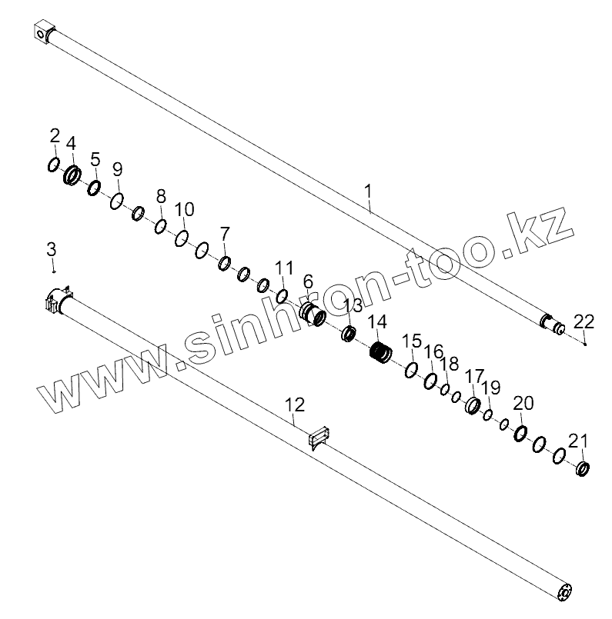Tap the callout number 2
click(x=55, y=137)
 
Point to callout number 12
click(x=295, y=404)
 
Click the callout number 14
click(x=378, y=323)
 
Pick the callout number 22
click(x=584, y=321)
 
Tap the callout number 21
click(x=578, y=441)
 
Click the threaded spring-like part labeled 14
click(x=379, y=351)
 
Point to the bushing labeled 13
click(x=349, y=333)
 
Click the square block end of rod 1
click(x=45, y=33)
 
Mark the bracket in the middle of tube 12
click(x=319, y=438)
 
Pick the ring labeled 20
click(x=521, y=434)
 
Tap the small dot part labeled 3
click(x=53, y=270)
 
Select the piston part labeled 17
click(x=472, y=404)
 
